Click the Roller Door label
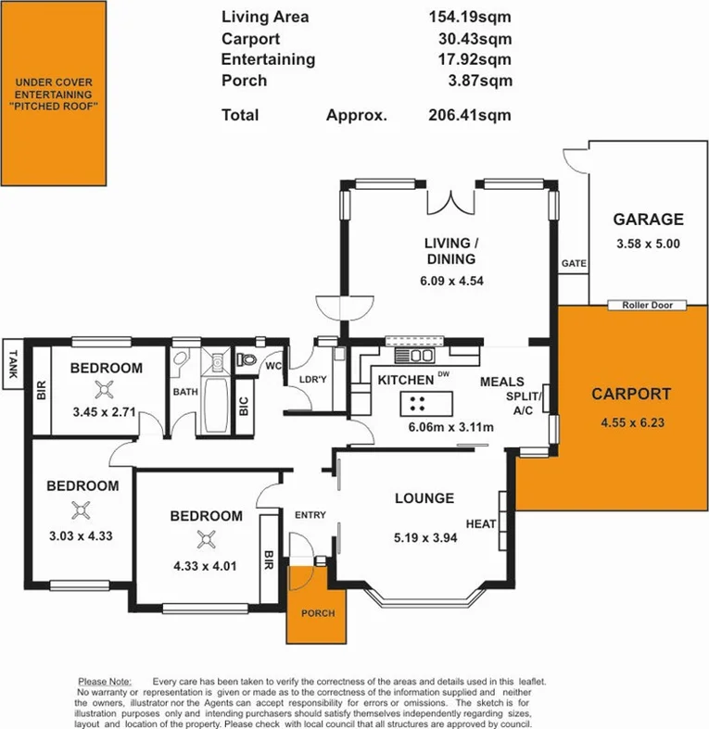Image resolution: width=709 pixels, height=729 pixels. coord(648,305)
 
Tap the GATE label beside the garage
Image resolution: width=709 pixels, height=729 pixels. coord(574,264)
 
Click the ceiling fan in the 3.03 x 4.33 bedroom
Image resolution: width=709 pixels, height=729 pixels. coord(82,509)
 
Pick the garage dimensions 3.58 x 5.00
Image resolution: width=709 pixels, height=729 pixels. coord(648,244)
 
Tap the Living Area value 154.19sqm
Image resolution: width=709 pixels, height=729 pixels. coord(474,17)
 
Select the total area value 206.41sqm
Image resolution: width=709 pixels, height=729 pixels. coord(474,116)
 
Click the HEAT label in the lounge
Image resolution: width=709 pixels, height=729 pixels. coord(480,523)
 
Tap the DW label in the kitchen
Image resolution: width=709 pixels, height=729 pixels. coord(443,374)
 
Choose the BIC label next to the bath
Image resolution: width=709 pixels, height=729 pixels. coord(244,406)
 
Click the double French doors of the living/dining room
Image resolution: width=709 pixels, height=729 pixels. coord(450,199)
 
